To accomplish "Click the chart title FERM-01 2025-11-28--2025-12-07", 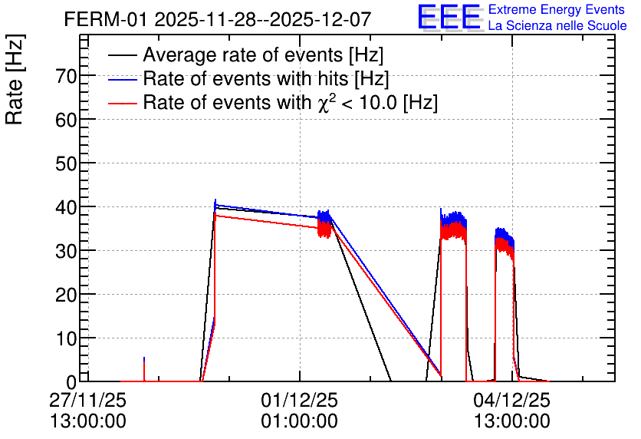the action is (218, 19).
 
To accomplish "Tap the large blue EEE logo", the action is (449, 18).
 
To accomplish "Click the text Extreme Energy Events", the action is (557, 10).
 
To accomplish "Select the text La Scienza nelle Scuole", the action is (557, 26).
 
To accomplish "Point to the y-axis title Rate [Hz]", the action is (15, 79).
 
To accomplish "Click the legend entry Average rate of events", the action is (263, 54).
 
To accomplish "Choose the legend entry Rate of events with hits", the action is (266, 78).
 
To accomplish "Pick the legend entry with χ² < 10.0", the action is (291, 102).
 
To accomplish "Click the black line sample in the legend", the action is (122, 55).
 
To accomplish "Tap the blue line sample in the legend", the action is (122, 80).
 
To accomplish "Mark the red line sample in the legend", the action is (122, 104).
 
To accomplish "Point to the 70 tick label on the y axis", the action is (66, 76).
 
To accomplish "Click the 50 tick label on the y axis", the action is (66, 163).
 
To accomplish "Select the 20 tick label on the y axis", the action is (66, 295).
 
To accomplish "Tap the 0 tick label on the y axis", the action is (71, 382).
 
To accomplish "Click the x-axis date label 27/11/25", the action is (88, 400).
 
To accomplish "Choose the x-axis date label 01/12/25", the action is (300, 400).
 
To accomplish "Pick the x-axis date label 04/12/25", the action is (512, 400).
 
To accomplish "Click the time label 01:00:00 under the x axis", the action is (300, 421).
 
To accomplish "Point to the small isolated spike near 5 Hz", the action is (144, 369).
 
